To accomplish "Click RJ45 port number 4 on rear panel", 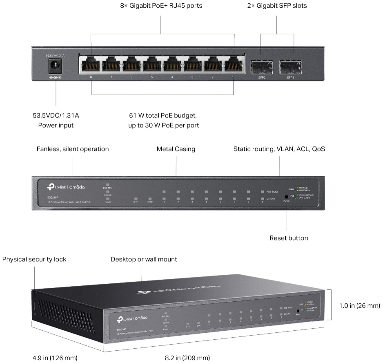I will (x=172, y=65).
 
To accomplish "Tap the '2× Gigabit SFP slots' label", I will (x=277, y=6).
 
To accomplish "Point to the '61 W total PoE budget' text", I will (x=164, y=116).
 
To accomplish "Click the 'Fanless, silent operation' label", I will (x=73, y=149).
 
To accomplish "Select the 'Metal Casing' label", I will (x=176, y=149).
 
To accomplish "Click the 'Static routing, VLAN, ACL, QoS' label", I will (x=279, y=149).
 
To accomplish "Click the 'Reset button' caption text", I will (x=289, y=238).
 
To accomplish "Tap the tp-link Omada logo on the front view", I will (x=66, y=187).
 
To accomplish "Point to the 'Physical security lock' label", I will (x=34, y=260).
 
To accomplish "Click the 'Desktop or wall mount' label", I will (x=144, y=260).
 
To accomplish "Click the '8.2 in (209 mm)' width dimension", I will (x=187, y=358).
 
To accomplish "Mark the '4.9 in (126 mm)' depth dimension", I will (x=54, y=358).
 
